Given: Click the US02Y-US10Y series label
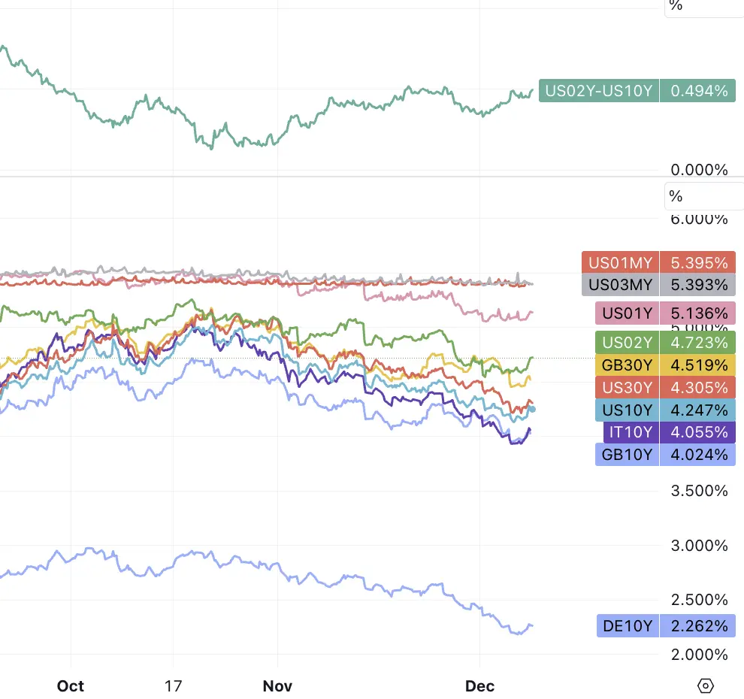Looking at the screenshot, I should (599, 91).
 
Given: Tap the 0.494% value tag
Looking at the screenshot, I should (698, 91).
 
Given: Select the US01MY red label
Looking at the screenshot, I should (620, 263).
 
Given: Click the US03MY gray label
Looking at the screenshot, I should (620, 285).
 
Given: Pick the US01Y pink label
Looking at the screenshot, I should (627, 313).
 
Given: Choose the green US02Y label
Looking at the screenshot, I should (627, 343).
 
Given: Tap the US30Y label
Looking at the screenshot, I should (627, 388).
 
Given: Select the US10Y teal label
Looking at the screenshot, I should (627, 410).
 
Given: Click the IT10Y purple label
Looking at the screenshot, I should (631, 432).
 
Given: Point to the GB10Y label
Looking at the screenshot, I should (627, 454).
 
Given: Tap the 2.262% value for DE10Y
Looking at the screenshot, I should (698, 625).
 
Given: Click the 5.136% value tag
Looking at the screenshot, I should (698, 313).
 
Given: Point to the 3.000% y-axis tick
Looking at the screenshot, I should (699, 545).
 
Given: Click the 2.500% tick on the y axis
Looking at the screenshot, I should (699, 600).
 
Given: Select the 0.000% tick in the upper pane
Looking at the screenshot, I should (699, 170).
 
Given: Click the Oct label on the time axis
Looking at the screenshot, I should (71, 685).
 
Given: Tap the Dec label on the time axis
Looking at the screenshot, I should (480, 685).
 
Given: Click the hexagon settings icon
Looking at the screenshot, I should (705, 685).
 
